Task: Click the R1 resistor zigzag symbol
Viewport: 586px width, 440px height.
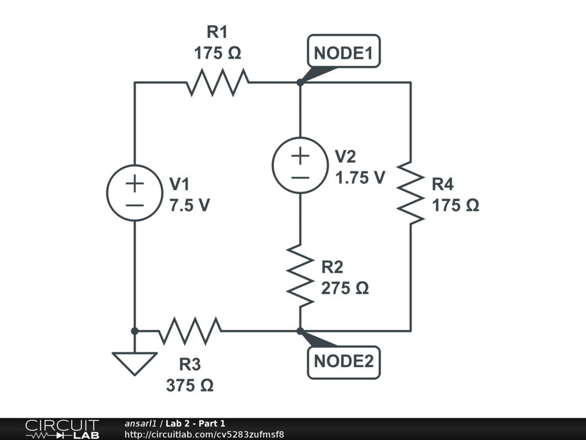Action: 217,82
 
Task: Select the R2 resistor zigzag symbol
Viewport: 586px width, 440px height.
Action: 300,276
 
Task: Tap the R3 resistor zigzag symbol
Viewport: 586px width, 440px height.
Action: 190,331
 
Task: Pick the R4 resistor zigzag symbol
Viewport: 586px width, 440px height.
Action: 411,193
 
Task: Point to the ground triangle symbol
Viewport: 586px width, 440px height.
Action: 134,363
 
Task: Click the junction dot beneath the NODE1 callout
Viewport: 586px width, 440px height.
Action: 300,82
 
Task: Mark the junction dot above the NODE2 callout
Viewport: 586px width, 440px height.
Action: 300,331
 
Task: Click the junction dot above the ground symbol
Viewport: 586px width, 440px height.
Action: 134,331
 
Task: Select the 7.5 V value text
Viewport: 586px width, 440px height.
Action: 189,205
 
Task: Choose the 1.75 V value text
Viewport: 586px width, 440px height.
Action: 360,178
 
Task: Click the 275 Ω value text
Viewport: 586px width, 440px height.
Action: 345,288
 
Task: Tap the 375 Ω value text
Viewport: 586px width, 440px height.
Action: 190,385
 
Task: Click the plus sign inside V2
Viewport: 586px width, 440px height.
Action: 300,156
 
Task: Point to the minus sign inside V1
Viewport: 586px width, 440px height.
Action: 134,205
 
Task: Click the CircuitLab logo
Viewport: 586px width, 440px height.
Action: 62,429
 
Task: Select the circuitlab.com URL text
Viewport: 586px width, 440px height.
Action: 204,434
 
